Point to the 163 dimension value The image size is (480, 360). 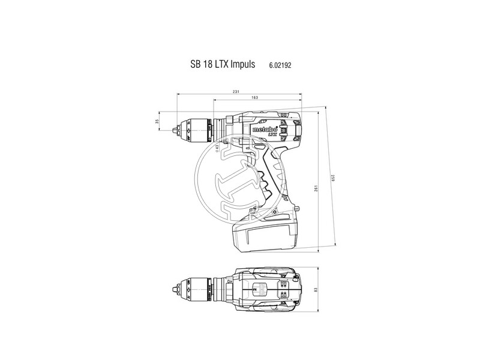255,97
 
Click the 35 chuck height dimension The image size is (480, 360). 157,122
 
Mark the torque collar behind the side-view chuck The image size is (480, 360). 218,127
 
